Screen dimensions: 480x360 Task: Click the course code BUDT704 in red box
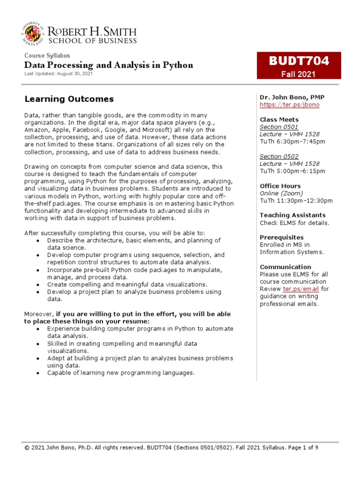coord(299,61)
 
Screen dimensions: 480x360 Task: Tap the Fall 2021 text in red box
coord(298,74)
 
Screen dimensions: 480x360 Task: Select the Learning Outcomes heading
coord(69,99)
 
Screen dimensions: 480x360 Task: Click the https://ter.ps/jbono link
coord(289,105)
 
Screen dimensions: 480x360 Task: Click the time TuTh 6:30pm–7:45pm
coord(292,142)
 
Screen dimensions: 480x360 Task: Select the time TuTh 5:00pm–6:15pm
coord(292,171)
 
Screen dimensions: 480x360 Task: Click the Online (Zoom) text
coord(281,193)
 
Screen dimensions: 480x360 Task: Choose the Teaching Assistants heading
coord(292,215)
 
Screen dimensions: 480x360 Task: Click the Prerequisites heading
coord(282,237)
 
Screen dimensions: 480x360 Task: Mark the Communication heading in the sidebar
coord(285,267)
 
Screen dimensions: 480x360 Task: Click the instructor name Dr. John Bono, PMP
coord(292,97)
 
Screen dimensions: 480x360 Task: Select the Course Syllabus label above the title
coord(47,56)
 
